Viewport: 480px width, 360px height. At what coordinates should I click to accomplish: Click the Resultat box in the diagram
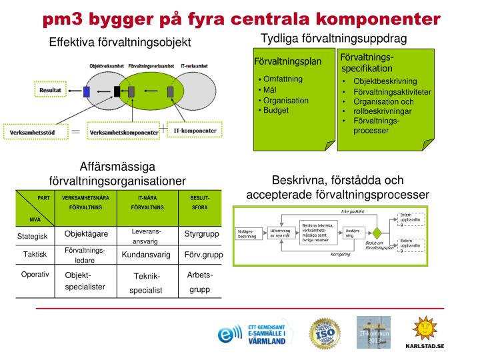point(51,87)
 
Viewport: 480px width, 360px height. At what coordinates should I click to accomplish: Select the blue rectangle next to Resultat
point(87,91)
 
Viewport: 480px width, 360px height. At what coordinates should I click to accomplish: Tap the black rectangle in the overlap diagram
point(117,91)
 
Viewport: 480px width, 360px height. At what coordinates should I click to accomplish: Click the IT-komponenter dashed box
point(195,131)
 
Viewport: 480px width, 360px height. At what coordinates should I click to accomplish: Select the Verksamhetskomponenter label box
point(125,132)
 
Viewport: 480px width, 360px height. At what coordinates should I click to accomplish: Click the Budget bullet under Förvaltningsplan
point(275,110)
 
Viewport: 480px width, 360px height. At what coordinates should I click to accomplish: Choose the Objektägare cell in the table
point(86,234)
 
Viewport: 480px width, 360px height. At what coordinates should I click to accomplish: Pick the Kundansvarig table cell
point(147,255)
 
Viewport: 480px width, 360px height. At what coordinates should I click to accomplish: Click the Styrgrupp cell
point(201,234)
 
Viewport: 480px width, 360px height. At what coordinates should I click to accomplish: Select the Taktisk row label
point(35,255)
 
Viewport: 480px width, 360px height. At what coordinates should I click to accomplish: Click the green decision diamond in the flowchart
point(377,233)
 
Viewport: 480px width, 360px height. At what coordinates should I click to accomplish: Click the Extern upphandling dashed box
point(410,245)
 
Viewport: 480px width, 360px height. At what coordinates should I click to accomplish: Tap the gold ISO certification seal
point(323,332)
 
